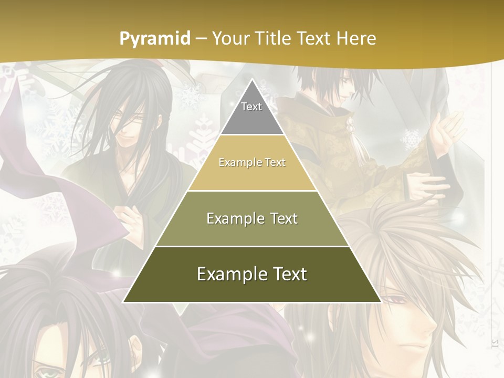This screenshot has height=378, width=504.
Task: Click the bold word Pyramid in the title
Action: point(154,38)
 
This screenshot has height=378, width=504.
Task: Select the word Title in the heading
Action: point(274,38)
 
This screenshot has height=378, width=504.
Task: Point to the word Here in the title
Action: point(356,38)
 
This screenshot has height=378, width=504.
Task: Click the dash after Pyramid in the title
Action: point(201,39)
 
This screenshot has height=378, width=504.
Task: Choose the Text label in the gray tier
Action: point(251,107)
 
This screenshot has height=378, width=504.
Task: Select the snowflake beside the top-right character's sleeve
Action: point(411,140)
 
